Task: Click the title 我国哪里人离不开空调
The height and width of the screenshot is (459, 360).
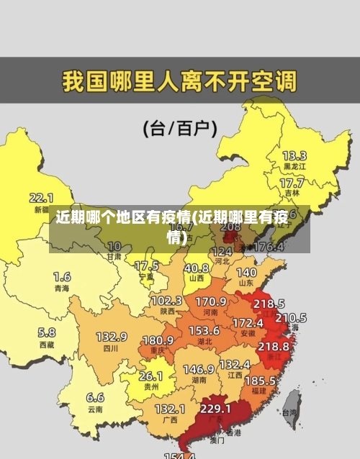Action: coord(179,80)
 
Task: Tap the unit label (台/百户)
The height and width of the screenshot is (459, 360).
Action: coord(180,129)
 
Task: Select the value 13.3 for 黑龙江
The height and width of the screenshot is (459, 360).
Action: coord(294,155)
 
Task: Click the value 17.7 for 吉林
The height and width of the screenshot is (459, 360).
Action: coord(292,183)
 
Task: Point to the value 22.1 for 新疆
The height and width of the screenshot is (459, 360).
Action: coord(41,197)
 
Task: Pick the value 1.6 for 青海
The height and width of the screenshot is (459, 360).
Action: coord(62,276)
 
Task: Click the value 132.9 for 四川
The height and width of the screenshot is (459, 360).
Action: coord(112,336)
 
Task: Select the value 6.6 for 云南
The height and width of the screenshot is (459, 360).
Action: coord(95,397)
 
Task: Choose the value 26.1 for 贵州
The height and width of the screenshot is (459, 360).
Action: coord(150,376)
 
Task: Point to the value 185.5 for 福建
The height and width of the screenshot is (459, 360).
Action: coord(259,380)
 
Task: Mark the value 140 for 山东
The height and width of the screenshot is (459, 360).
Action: coord(246,273)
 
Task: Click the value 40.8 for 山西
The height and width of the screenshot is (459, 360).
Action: coord(196,268)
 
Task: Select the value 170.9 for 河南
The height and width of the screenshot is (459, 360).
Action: coord(211,301)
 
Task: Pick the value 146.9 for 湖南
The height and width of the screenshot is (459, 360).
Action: coord(198,368)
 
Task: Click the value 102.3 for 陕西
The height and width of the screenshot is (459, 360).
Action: coord(166,300)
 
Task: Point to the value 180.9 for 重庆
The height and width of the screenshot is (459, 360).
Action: coord(157,340)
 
